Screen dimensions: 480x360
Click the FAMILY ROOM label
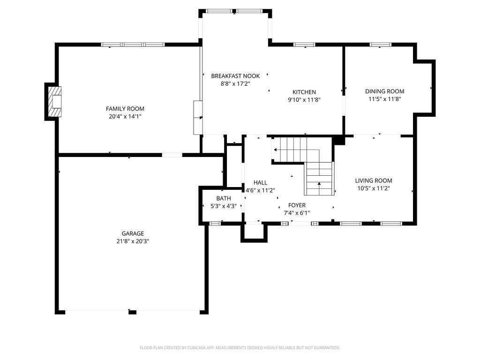(125, 109)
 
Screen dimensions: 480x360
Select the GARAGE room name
(133, 233)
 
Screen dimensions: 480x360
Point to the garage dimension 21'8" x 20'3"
(133, 241)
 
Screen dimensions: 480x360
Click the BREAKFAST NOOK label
(235, 76)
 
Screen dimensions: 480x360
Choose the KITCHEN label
(304, 92)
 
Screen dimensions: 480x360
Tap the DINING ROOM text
(384, 91)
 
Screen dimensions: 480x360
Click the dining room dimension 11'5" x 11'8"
(384, 99)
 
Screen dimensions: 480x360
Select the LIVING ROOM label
(374, 180)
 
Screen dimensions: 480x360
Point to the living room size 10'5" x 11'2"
(374, 188)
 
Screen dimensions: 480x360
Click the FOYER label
(297, 205)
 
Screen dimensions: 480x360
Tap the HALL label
(260, 183)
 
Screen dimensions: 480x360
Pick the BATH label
(224, 198)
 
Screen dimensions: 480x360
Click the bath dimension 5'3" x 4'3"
(224, 206)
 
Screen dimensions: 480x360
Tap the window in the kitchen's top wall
(304, 45)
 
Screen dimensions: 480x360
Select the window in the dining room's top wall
(380, 45)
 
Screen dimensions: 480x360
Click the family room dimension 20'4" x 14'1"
(125, 117)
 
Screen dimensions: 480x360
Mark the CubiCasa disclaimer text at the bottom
(240, 348)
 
